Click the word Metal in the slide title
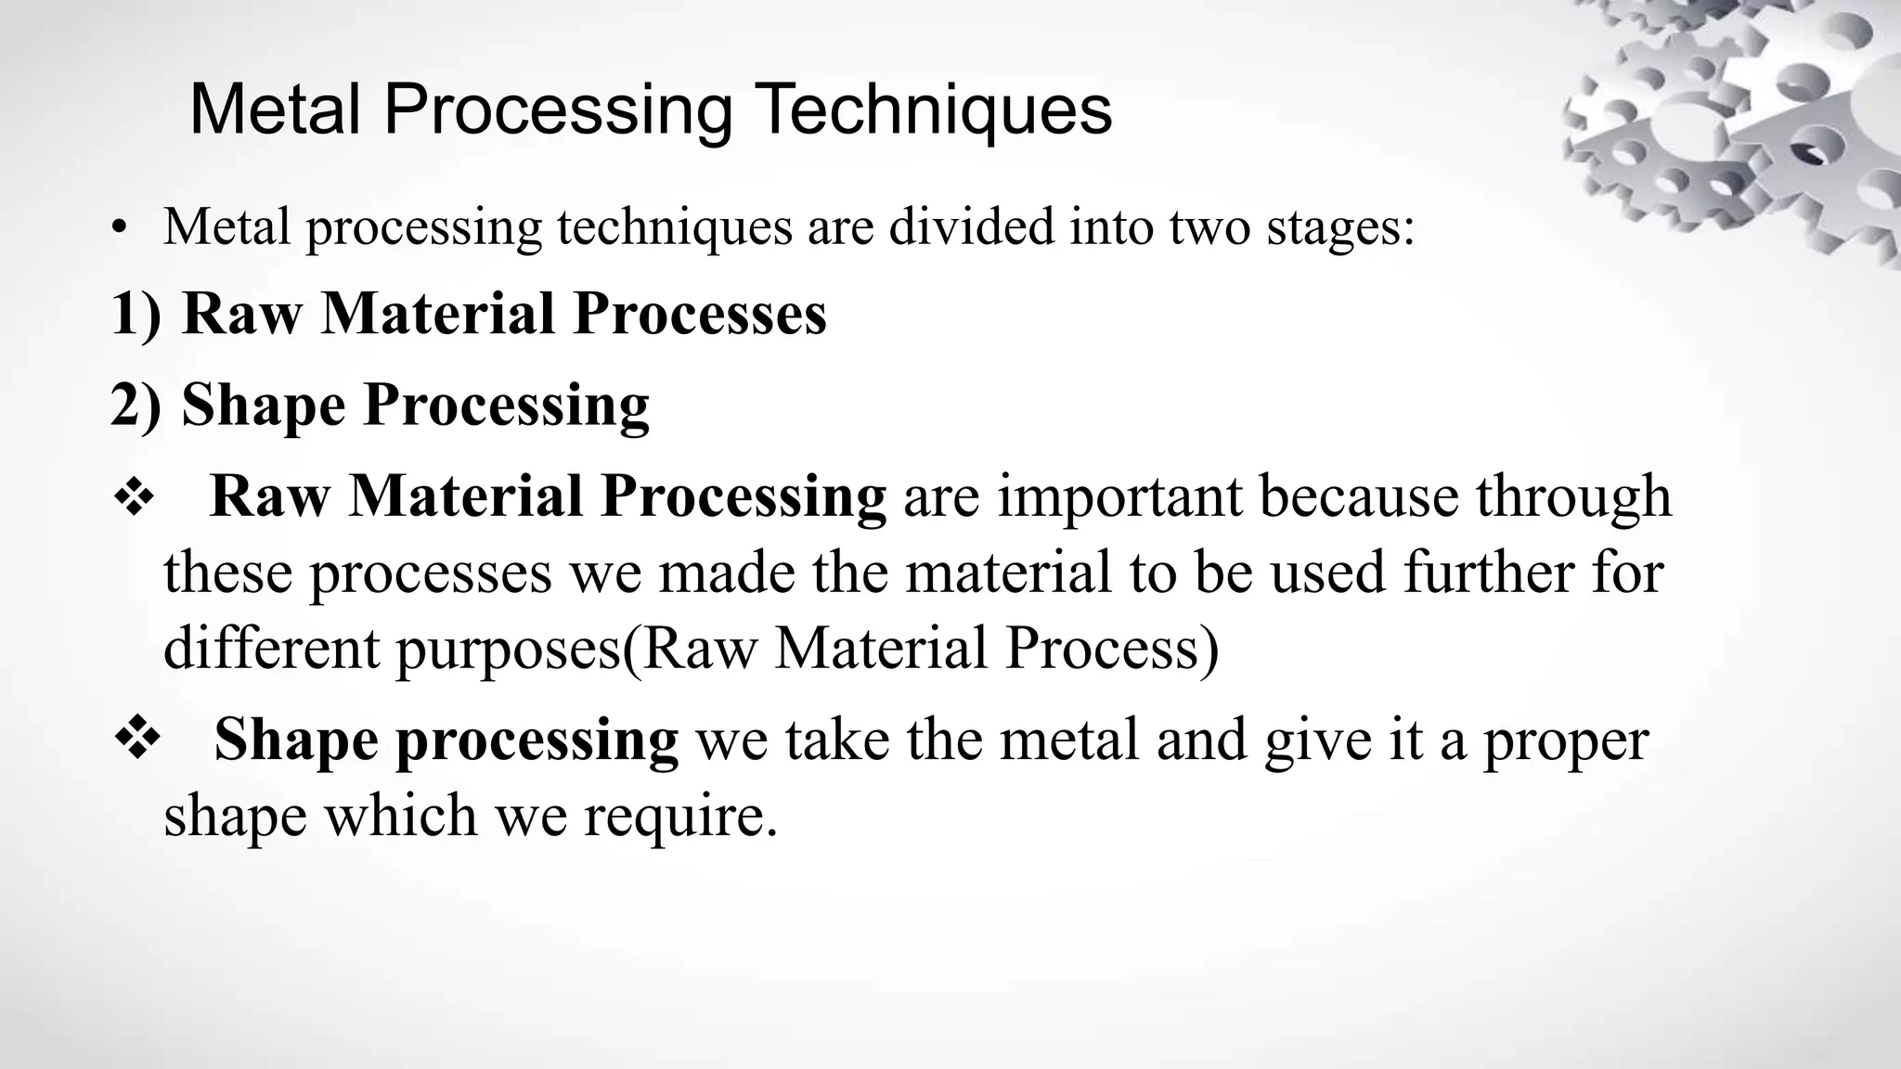(274, 109)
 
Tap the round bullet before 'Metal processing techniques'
(117, 228)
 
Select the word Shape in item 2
(264, 406)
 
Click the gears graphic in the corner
(1745, 121)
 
